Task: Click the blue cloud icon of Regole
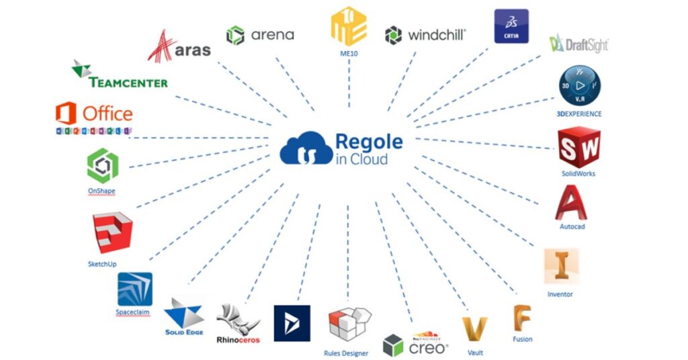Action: pyautogui.click(x=306, y=149)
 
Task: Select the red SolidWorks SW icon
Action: pyautogui.click(x=578, y=147)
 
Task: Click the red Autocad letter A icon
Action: pyautogui.click(x=571, y=201)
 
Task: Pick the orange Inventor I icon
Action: pyautogui.click(x=560, y=266)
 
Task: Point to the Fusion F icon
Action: pyautogui.click(x=522, y=318)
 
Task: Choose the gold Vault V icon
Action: pyautogui.click(x=474, y=330)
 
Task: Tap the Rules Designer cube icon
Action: pyautogui.click(x=349, y=325)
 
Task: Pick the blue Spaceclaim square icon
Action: pyautogui.click(x=134, y=289)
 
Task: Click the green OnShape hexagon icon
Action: pyautogui.click(x=102, y=166)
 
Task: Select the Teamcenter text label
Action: pyautogui.click(x=128, y=82)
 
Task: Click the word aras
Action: pyautogui.click(x=193, y=49)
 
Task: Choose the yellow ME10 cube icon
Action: pyautogui.click(x=349, y=26)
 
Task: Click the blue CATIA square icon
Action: pyautogui.click(x=511, y=26)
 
